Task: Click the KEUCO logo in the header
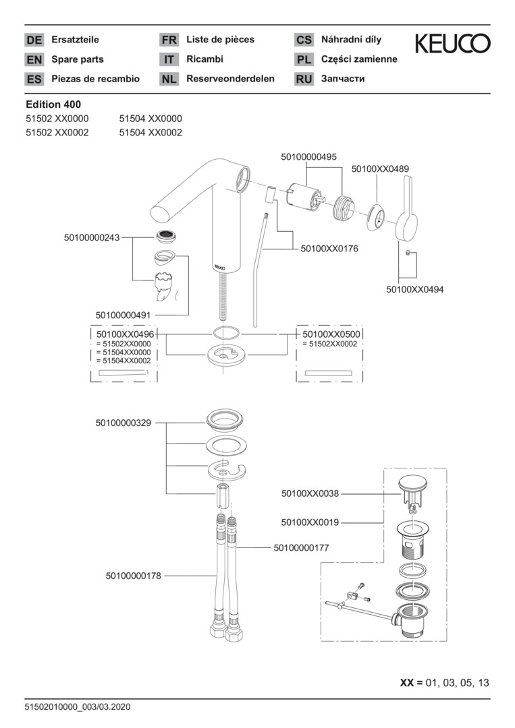452,44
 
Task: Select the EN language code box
34,60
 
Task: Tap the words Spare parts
78,59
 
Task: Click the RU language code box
304,80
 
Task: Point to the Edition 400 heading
53,104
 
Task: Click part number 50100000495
308,156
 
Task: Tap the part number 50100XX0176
329,249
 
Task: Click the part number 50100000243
92,237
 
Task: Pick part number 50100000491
124,314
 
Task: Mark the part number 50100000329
124,423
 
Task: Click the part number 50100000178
134,576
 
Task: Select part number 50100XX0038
310,493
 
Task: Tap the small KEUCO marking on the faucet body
219,266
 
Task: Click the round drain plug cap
411,483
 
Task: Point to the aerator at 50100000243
164,236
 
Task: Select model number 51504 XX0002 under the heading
151,133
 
